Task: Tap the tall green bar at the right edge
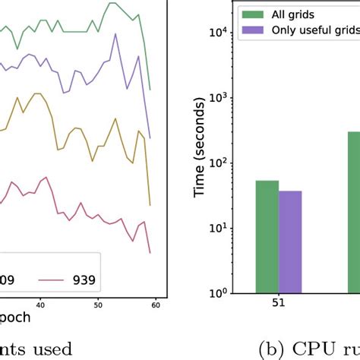point(354,212)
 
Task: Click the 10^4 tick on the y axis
point(219,32)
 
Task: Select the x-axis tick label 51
point(278,307)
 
